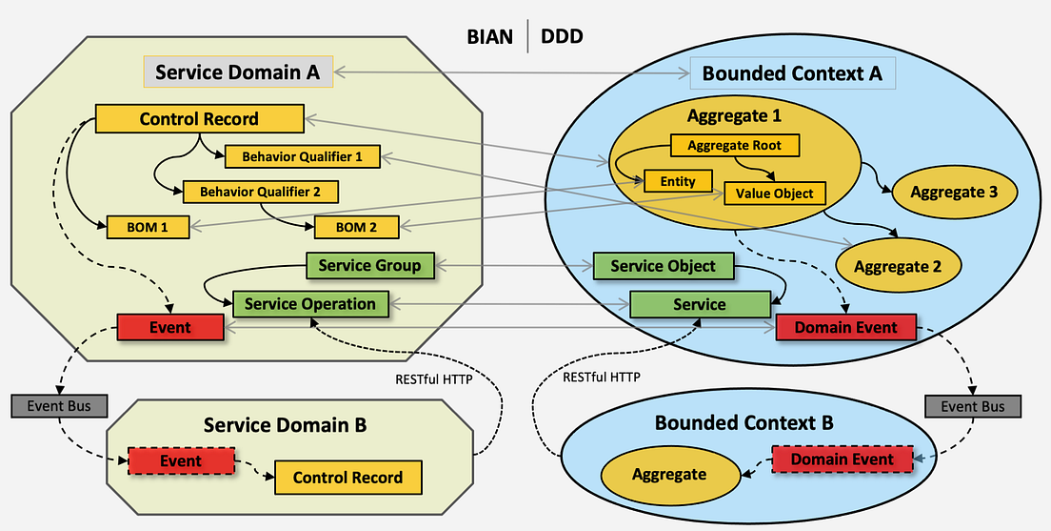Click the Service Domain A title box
point(237,72)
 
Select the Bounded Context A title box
point(792,72)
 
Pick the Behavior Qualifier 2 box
point(260,191)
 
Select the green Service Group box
point(369,265)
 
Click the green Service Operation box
point(309,304)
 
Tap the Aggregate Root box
point(734,146)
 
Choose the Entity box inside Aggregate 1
point(677,181)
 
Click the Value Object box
point(774,193)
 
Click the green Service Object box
point(663,266)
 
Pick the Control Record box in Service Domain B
point(347,478)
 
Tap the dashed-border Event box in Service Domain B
point(180,461)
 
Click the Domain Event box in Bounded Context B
point(843,460)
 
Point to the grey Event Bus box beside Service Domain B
point(53,405)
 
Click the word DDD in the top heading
point(562,37)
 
